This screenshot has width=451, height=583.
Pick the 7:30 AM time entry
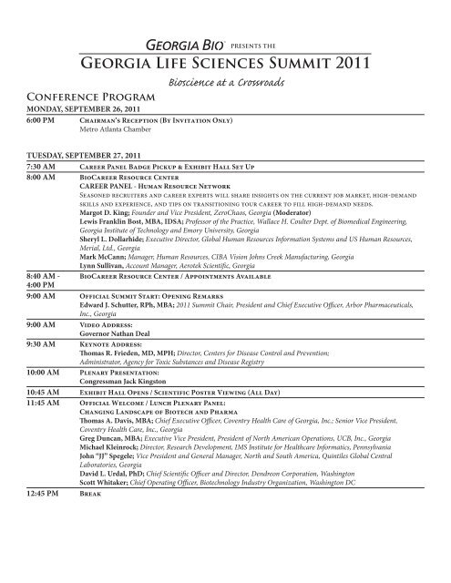(x=46, y=167)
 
